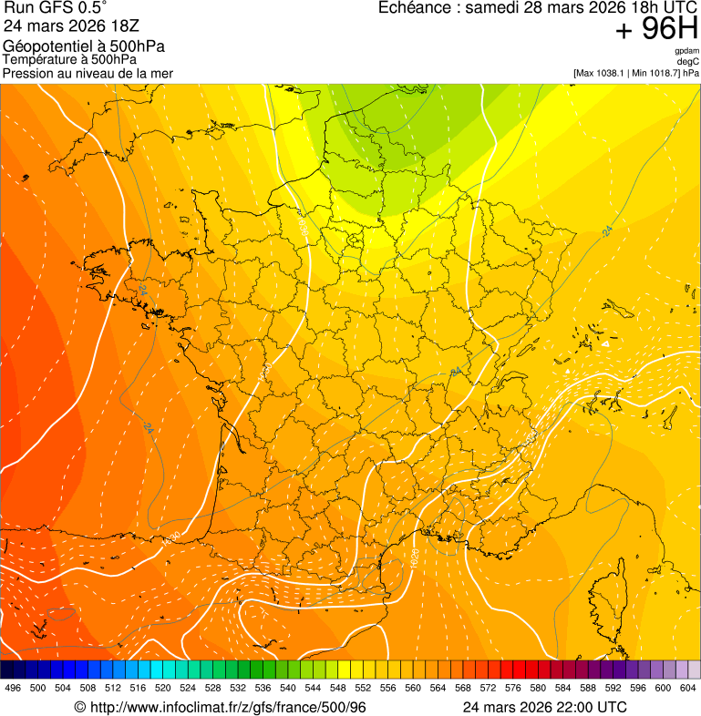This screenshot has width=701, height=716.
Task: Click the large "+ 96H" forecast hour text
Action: pos(656,30)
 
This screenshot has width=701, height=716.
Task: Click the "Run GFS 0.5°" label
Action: pos(56,8)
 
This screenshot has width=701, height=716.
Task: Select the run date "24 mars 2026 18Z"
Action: pos(59,26)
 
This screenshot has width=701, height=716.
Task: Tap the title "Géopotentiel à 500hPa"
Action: pos(85,46)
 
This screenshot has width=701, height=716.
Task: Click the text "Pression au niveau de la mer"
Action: pos(88,73)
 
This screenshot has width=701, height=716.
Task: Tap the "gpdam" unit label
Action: pos(686,51)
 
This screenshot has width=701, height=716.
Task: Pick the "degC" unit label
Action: pos(689,61)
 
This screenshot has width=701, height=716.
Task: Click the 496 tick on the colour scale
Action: pos(13,688)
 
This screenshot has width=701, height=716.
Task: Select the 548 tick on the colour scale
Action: pos(338,688)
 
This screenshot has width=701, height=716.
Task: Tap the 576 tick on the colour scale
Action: pos(513,688)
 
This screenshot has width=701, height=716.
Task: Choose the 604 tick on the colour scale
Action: pos(688,688)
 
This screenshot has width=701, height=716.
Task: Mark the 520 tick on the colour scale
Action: pos(163,688)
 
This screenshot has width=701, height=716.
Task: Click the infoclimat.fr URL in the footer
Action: pos(221,707)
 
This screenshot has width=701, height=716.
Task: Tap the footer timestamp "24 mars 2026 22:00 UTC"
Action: pos(544,707)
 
